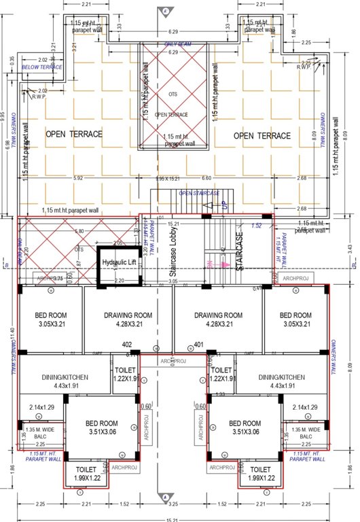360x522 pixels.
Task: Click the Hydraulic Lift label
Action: (x=120, y=262)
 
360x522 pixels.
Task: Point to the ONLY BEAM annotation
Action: (x=179, y=44)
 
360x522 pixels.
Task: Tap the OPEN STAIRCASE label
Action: (x=199, y=193)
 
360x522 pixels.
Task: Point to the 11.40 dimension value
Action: (x=12, y=334)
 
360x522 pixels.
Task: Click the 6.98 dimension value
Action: (x=9, y=145)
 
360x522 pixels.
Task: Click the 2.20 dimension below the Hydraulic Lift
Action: (x=120, y=281)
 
